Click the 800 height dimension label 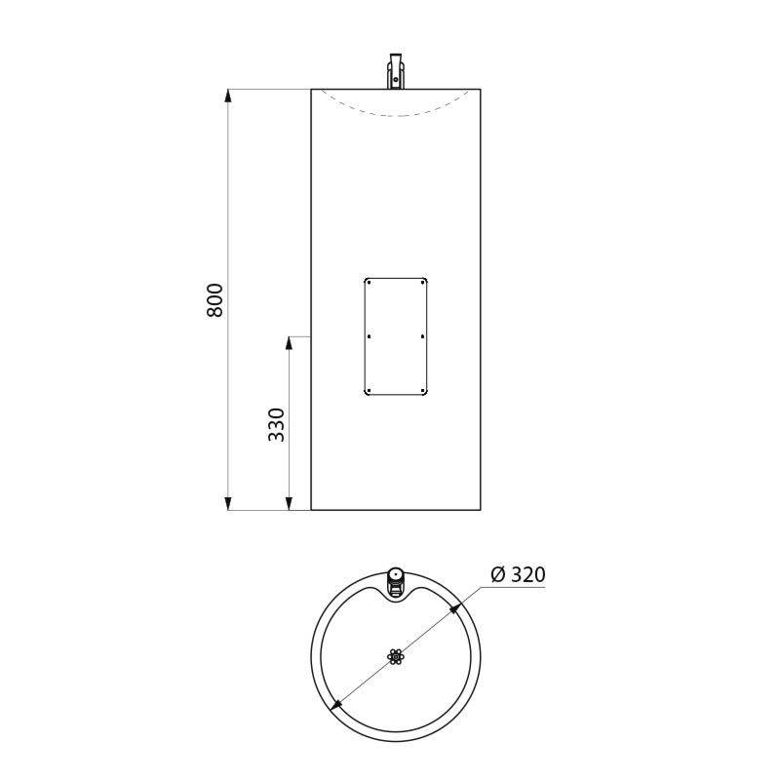[215, 299]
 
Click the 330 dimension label [277, 424]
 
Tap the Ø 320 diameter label [518, 574]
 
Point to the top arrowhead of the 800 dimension [228, 96]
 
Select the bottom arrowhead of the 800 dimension [228, 503]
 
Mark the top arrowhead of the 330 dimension [290, 343]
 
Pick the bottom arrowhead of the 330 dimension [290, 503]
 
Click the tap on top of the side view [396, 72]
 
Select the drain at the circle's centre [396, 656]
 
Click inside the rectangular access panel [396, 336]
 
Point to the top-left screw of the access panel [370, 283]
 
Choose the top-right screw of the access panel [422, 283]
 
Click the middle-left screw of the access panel [370, 336]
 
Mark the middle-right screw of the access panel [422, 336]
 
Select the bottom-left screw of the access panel [370, 391]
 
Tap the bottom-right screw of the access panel [422, 391]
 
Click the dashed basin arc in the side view [396, 116]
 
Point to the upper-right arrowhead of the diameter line [455, 608]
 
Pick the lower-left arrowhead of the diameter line [336, 704]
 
